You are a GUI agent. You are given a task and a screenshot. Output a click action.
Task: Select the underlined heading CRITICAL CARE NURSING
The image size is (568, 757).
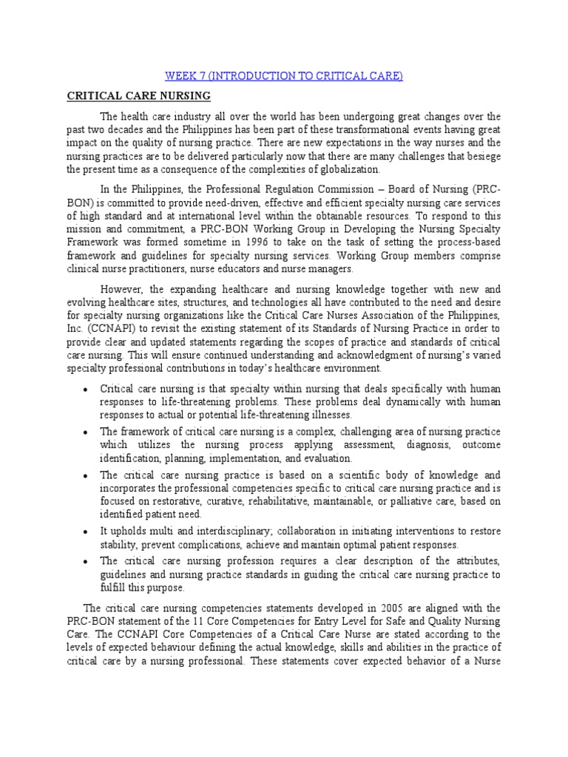(139, 96)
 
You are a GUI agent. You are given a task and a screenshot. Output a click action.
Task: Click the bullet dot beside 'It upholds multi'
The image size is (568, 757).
(87, 532)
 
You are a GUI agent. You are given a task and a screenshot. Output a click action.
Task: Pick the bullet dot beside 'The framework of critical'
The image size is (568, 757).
(87, 432)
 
